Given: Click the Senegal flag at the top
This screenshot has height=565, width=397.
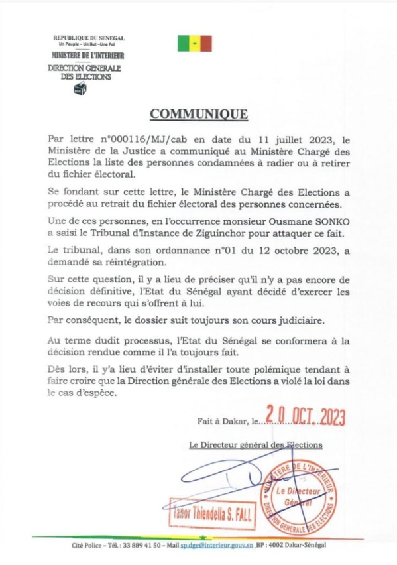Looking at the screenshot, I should tap(194, 44).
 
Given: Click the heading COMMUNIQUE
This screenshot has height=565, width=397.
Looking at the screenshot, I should tap(198, 114).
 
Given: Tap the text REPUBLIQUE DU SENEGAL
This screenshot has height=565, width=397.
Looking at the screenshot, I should tap(88, 38).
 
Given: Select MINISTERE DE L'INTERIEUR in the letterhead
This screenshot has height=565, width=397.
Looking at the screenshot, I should tap(88, 56).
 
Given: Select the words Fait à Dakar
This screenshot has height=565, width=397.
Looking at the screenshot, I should tap(220, 420).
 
